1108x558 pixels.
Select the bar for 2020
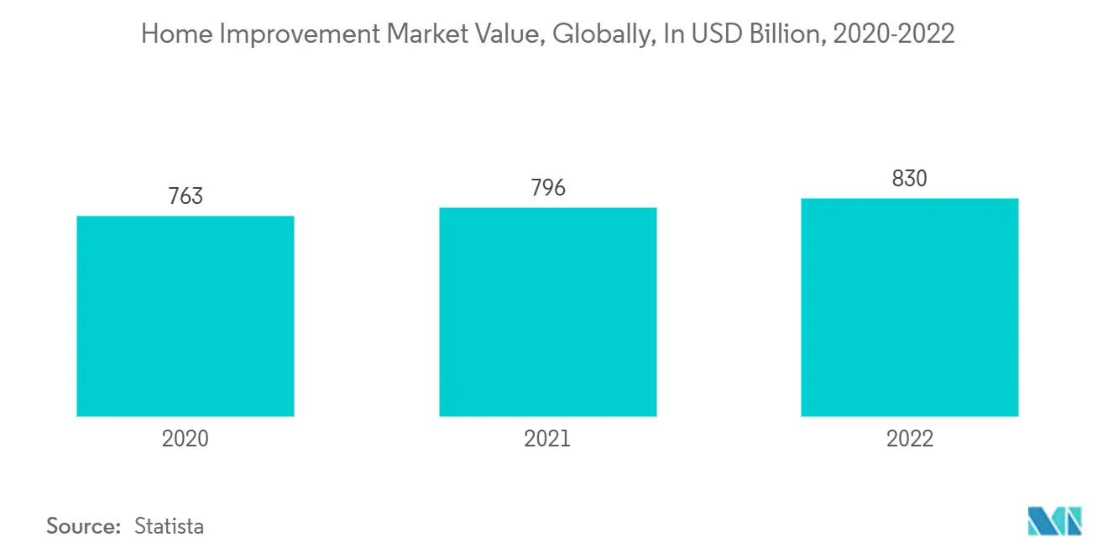click(186, 316)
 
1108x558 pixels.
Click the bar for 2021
click(547, 312)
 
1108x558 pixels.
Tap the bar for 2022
click(910, 307)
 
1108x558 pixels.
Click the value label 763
click(186, 196)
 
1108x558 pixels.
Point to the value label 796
click(547, 187)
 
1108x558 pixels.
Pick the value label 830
click(910, 179)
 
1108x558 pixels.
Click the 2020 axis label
click(186, 439)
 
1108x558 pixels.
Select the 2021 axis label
click(547, 439)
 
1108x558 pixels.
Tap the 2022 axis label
click(910, 439)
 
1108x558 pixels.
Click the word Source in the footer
click(83, 526)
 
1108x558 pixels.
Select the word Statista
click(169, 526)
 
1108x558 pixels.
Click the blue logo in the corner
click(1054, 520)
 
